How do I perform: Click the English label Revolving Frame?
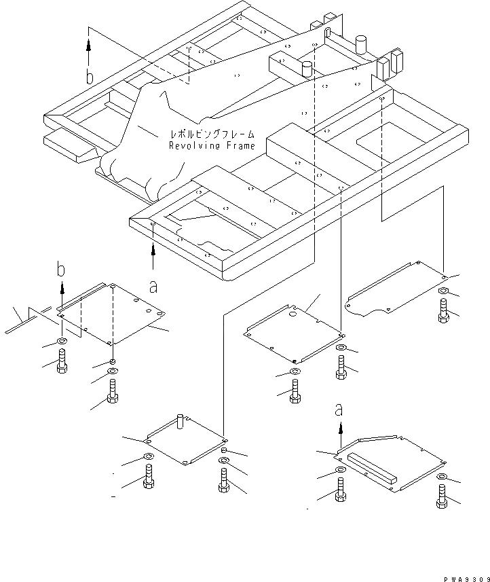click(x=212, y=145)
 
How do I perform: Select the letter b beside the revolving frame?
click(x=89, y=76)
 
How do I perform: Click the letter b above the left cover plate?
click(x=61, y=270)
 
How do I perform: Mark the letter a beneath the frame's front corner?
click(x=153, y=287)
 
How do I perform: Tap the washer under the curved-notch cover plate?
click(x=442, y=292)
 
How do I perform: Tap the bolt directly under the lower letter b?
click(x=63, y=360)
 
